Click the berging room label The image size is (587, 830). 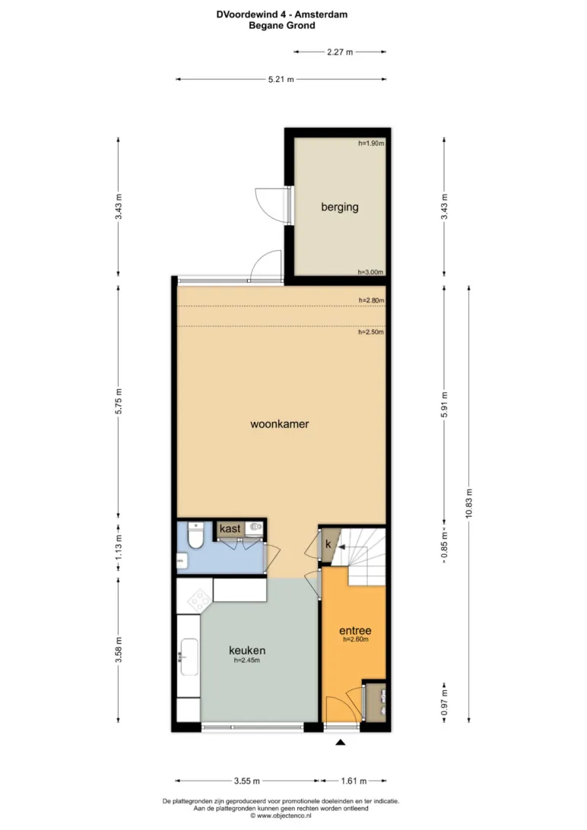coord(340,207)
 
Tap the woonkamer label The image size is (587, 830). coord(280,424)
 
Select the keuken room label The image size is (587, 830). coord(247,651)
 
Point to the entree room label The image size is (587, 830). coord(355,630)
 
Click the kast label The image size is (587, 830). coord(230,529)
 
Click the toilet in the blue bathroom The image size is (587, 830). coord(196,536)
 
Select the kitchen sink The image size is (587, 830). coord(189,657)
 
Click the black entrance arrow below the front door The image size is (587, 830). coord(341,742)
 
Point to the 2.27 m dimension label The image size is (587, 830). coord(340,52)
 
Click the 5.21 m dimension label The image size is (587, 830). coord(281,79)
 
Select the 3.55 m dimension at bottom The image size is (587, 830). coord(246,781)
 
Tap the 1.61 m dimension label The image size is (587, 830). coord(354,781)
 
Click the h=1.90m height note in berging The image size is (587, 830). coord(371,143)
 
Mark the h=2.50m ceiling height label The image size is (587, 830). coord(371,332)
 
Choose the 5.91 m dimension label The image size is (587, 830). coord(445,404)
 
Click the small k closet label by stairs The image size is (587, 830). coord(328,544)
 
